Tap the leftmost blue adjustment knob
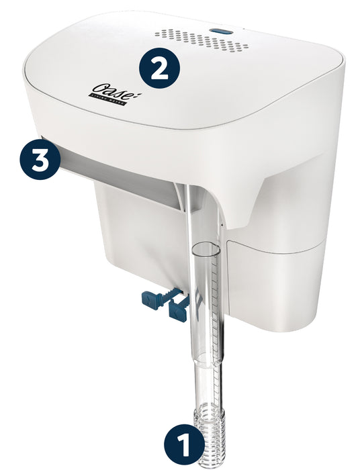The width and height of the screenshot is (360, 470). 154,299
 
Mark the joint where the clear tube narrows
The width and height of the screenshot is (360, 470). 208,356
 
